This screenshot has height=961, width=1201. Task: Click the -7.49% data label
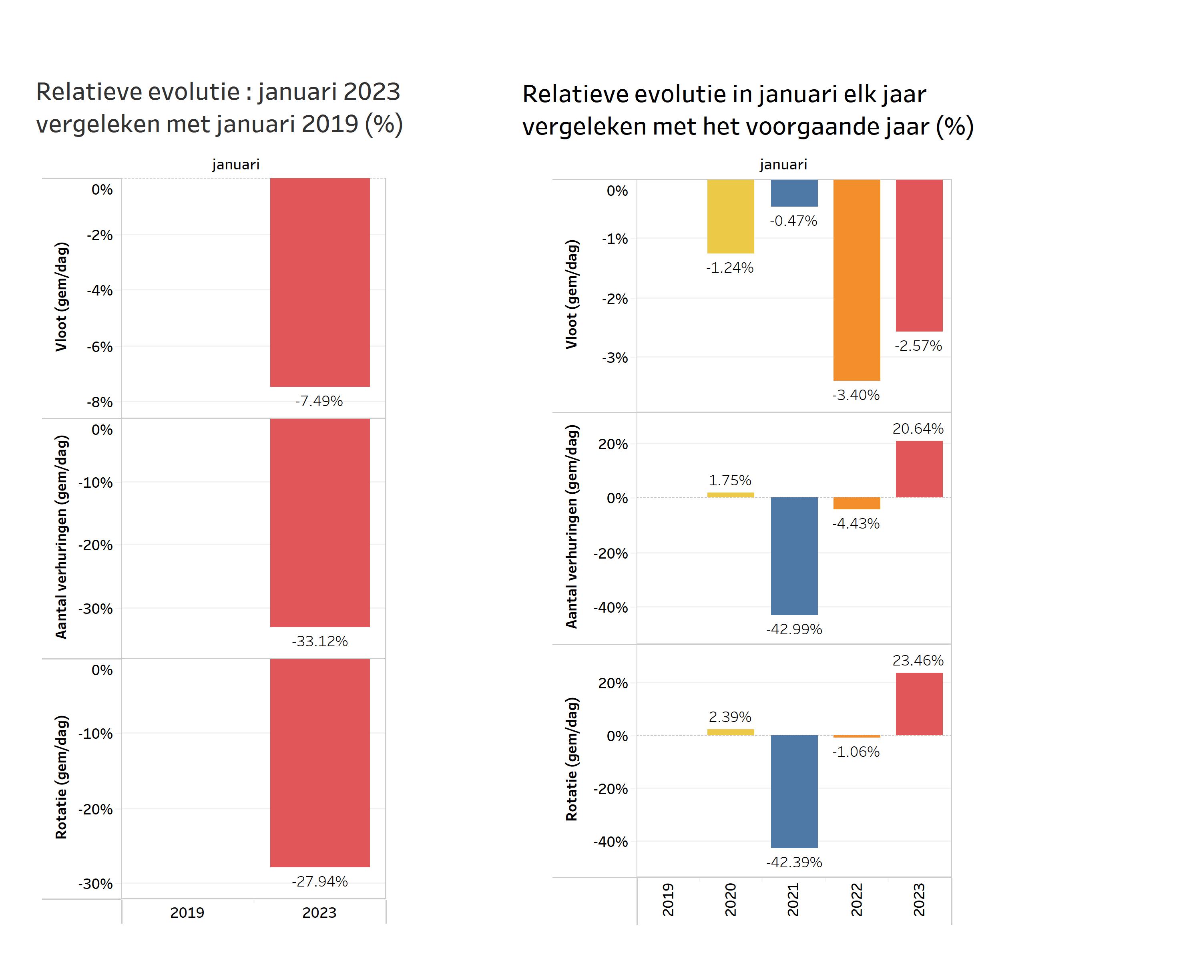click(319, 401)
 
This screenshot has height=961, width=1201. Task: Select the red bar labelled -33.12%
click(320, 523)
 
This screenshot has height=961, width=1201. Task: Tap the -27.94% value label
click(320, 881)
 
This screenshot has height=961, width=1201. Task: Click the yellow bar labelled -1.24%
click(730, 216)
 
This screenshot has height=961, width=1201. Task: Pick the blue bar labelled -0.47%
click(794, 193)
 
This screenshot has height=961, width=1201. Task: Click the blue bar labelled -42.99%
click(794, 556)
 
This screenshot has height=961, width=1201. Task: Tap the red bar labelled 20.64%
click(919, 469)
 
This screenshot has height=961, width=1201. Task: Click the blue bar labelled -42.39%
click(794, 791)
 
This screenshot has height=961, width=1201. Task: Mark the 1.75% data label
click(730, 480)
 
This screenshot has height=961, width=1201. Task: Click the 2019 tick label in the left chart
click(187, 913)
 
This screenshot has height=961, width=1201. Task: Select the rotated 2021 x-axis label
click(793, 900)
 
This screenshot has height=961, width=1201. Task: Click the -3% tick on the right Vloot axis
click(615, 358)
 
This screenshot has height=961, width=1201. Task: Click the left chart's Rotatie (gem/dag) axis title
click(61, 777)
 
